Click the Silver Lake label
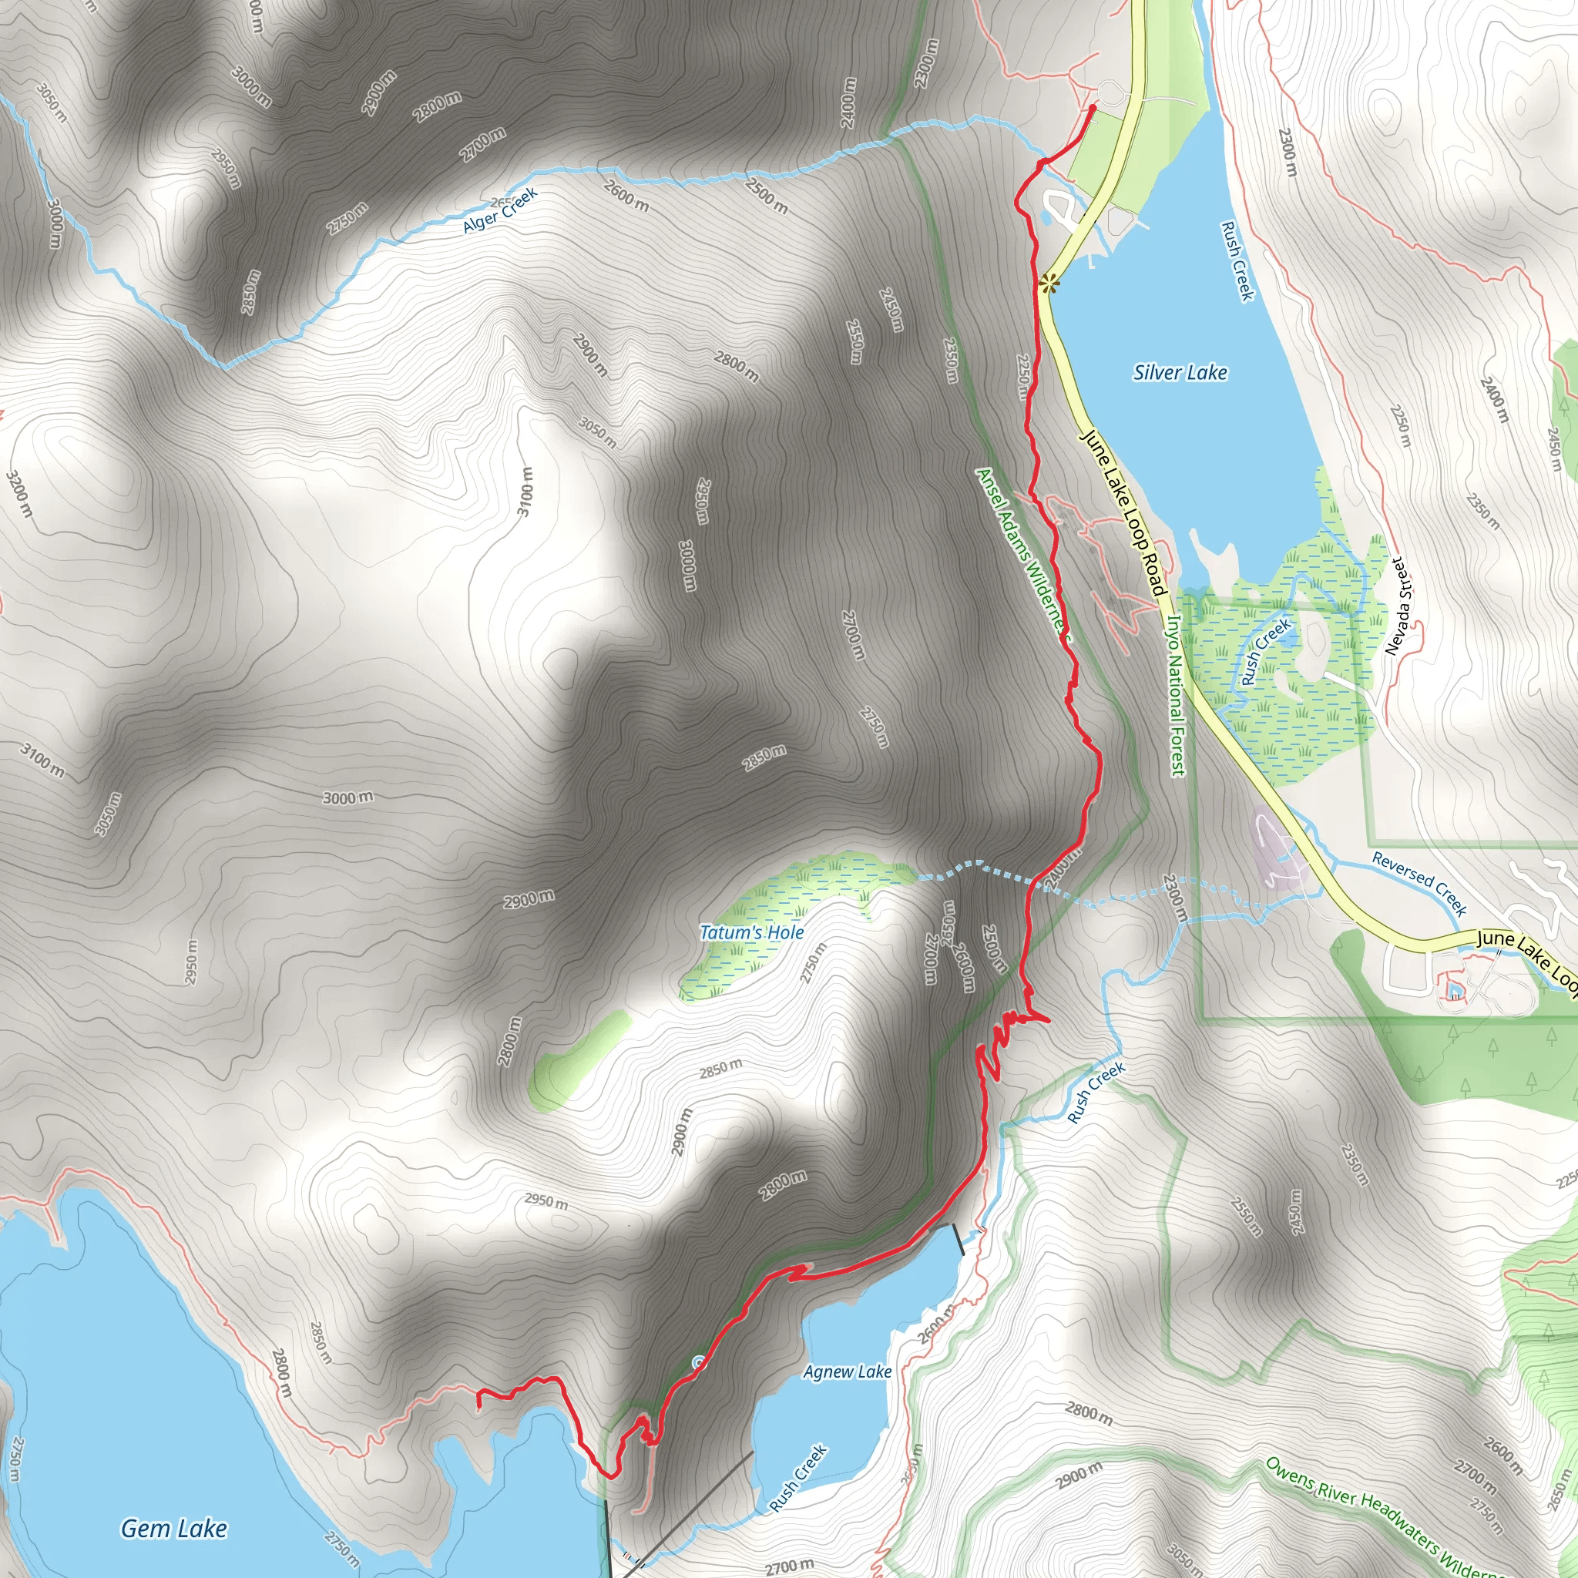tap(1180, 373)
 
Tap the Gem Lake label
tap(174, 1528)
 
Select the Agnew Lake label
tap(847, 1372)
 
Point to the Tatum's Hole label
tap(751, 933)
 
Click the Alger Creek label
tap(500, 210)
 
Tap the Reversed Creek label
tap(1419, 883)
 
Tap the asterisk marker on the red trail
tap(1049, 284)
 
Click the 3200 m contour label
tap(19, 493)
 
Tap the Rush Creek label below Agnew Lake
tap(798, 1479)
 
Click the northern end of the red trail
tap(1093, 107)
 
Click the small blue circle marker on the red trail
tap(698, 1361)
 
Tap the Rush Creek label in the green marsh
tap(1265, 651)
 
